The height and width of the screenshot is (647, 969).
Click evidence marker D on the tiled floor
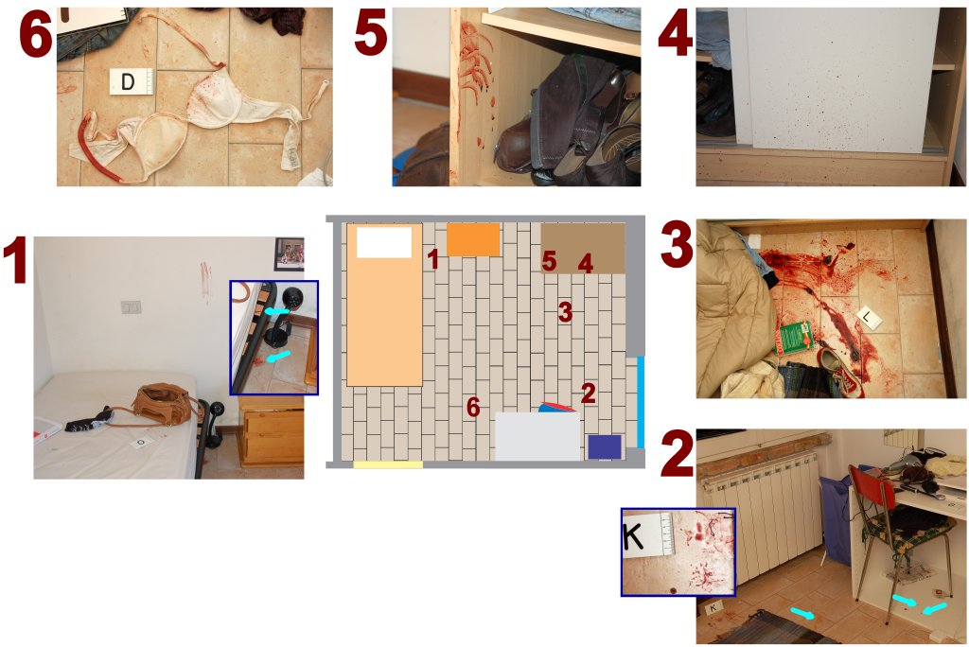(x=131, y=81)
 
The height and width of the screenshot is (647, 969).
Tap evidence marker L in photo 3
(x=869, y=318)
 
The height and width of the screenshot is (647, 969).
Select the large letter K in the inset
(x=633, y=536)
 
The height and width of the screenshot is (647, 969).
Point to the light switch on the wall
(x=131, y=306)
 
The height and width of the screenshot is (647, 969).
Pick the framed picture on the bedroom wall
(x=290, y=254)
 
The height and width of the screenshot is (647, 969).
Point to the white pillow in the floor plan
(x=384, y=242)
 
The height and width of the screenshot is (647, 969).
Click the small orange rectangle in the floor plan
(x=473, y=239)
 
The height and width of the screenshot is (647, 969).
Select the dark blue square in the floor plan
(x=605, y=446)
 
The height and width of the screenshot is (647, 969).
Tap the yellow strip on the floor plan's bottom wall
(x=388, y=464)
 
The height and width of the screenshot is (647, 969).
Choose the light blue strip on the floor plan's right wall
(x=641, y=402)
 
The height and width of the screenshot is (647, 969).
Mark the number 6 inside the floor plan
(x=473, y=407)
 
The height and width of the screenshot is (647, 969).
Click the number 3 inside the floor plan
(x=565, y=312)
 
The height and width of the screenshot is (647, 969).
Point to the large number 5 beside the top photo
(x=371, y=33)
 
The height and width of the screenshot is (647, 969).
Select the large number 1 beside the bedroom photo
(x=15, y=261)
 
